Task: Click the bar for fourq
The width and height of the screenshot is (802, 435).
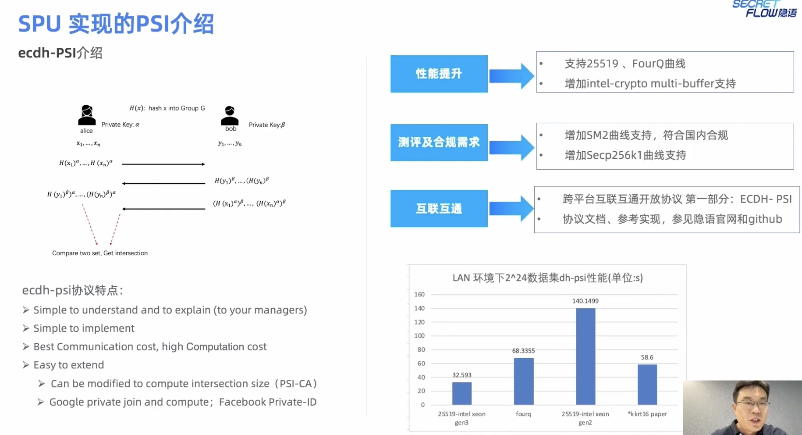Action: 523,381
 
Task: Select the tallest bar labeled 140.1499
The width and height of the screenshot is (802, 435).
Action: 585,356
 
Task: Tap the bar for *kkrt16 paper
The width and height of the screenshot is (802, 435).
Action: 647,384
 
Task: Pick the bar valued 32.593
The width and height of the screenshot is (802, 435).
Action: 461,393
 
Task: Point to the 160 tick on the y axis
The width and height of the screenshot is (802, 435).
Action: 419,294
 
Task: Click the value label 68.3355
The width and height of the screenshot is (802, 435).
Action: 523,351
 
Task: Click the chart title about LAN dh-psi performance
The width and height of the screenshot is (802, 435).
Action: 547,278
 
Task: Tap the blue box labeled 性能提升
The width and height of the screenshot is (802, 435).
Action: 439,74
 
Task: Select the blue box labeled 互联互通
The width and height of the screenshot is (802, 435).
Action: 439,209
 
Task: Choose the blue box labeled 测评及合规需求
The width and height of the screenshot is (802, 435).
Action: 439,142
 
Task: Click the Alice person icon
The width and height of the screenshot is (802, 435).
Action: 87,115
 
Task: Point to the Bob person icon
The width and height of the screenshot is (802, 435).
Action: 230,116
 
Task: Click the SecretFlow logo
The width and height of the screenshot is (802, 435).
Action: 764,9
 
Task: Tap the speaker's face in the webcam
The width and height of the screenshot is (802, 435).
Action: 751,403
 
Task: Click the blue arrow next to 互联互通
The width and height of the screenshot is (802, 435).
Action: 511,209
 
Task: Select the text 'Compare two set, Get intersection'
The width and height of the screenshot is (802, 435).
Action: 100,253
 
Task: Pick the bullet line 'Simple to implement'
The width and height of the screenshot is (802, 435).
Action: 84,328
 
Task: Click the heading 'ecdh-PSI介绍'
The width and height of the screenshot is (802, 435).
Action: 60,53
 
